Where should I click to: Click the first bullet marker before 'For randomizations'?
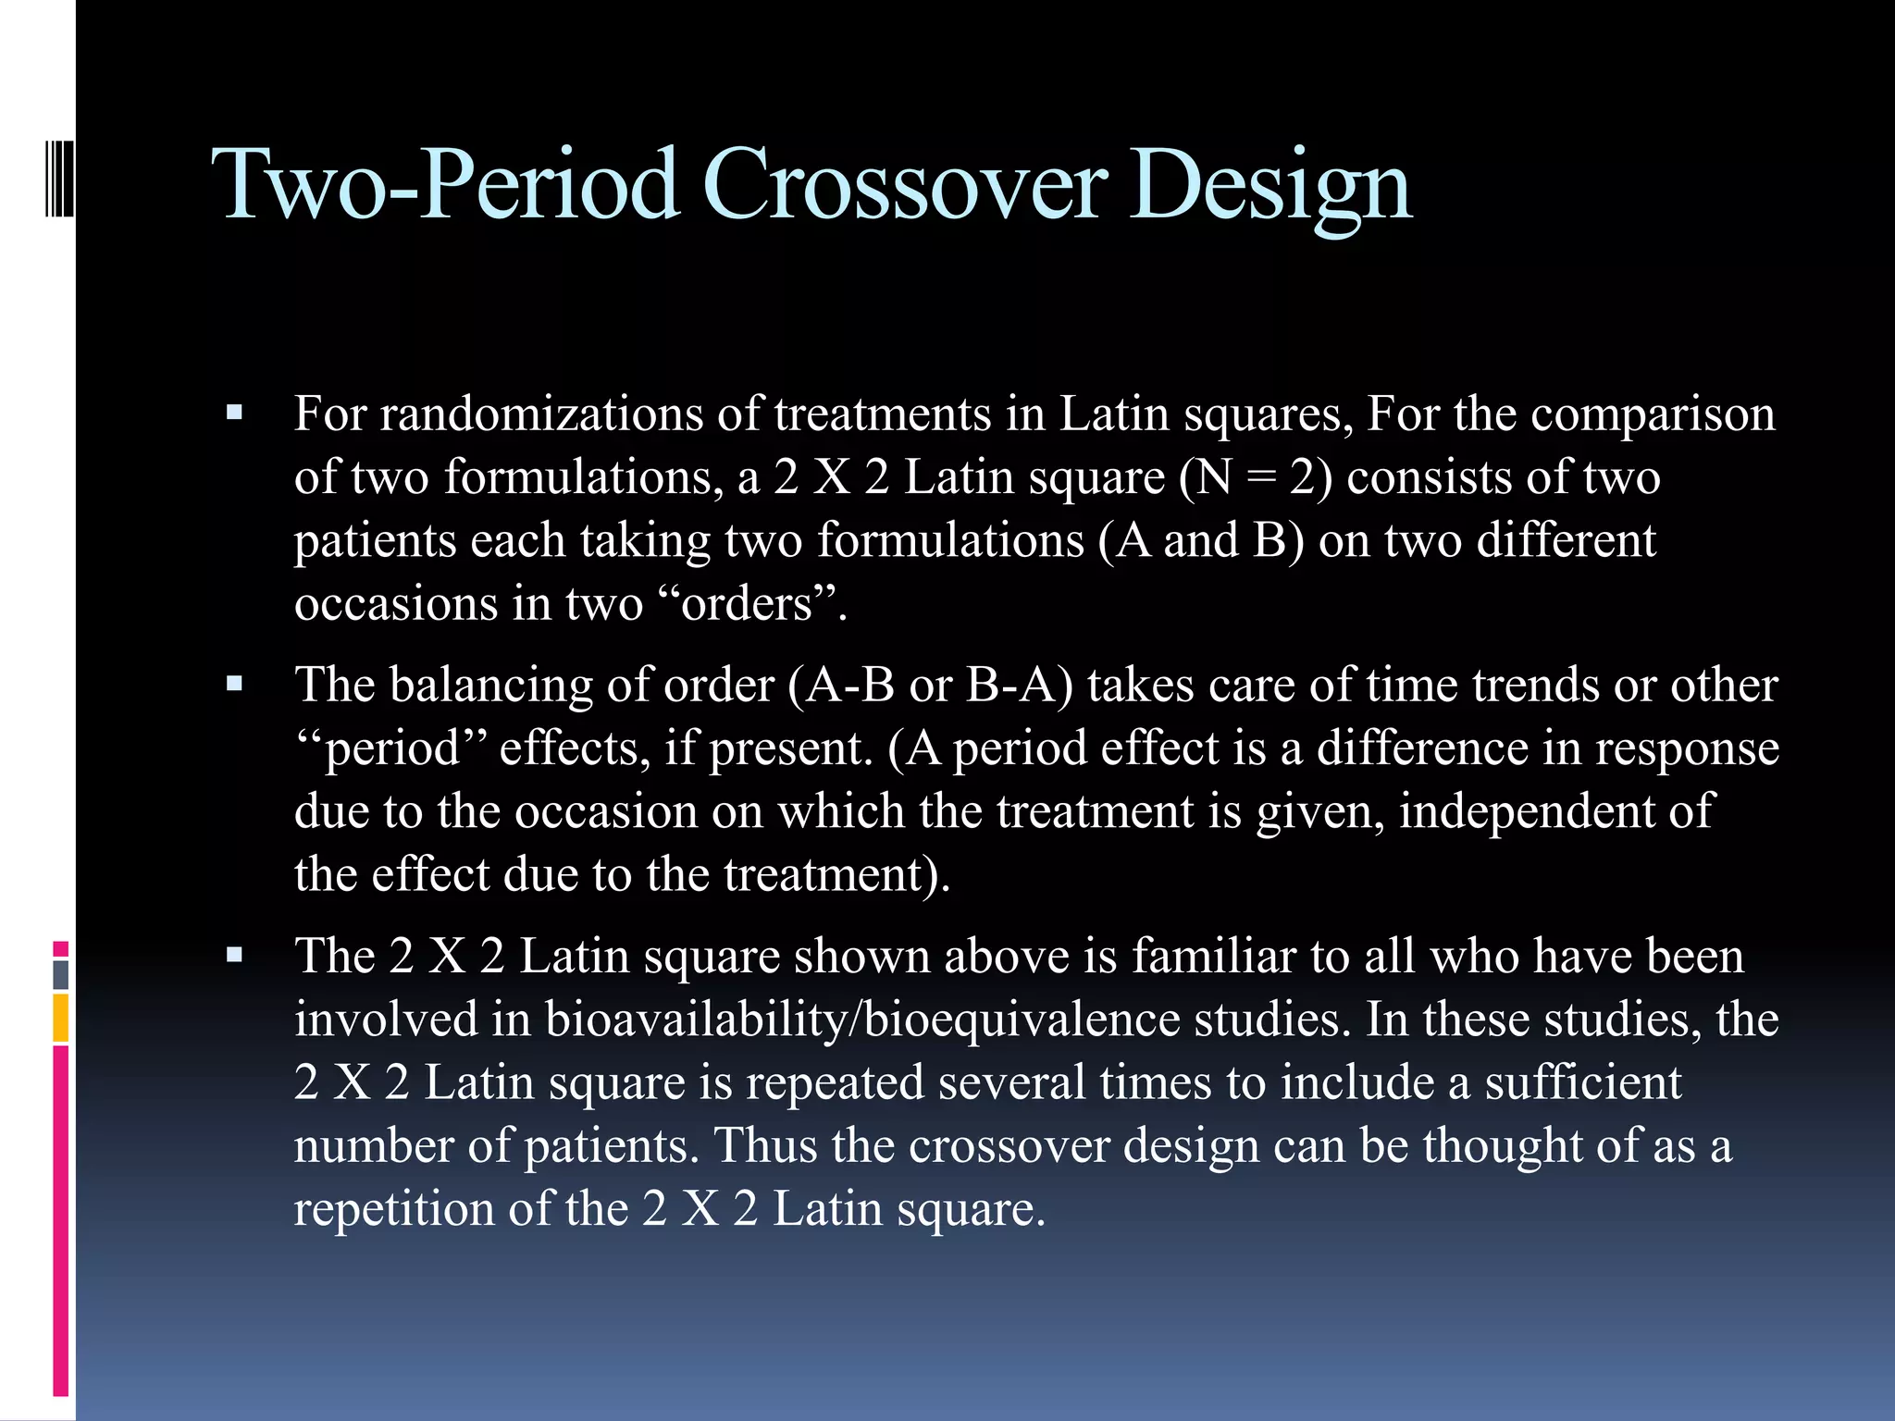point(234,413)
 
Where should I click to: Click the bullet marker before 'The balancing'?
point(234,685)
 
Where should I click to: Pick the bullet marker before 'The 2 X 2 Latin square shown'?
point(234,955)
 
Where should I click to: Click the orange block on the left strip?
point(61,1018)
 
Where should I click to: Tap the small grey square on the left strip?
point(61,974)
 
